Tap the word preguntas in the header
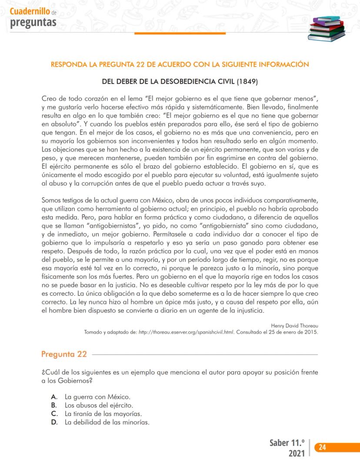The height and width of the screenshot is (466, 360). pyautogui.click(x=33, y=22)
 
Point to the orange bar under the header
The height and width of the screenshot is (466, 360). pyautogui.click(x=180, y=33)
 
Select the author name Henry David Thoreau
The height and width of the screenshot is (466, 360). pyautogui.click(x=294, y=325)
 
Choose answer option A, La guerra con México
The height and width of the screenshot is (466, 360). pyautogui.click(x=97, y=397)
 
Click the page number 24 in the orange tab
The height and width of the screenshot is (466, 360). pyautogui.click(x=323, y=447)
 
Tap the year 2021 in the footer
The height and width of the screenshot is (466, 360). pyautogui.click(x=297, y=454)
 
